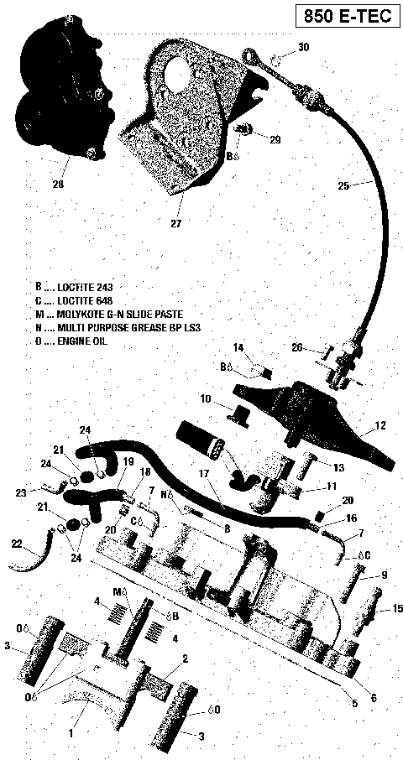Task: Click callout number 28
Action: click(x=57, y=184)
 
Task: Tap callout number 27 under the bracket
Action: click(x=175, y=223)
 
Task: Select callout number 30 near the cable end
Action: click(x=303, y=48)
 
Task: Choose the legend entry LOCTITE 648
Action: click(x=80, y=299)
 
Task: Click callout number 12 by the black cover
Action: click(x=380, y=426)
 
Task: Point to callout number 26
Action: click(x=296, y=348)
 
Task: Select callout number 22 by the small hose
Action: click(x=18, y=544)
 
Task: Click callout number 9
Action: click(x=384, y=575)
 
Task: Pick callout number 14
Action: click(x=238, y=347)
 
